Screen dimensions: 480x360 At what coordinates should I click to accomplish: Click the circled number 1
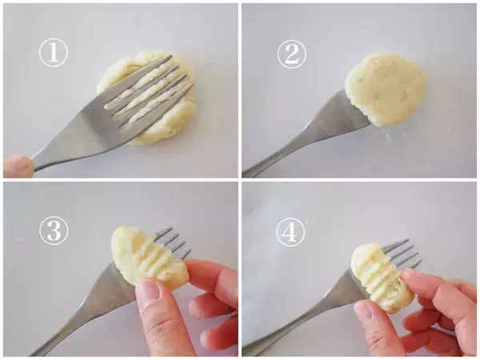[54, 52]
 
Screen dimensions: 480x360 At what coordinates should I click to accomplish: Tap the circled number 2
[291, 54]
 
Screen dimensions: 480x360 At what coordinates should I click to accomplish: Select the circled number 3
[54, 230]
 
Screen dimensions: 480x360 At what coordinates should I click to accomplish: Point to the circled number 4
[290, 232]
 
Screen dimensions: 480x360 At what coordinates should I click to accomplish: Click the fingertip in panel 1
[18, 166]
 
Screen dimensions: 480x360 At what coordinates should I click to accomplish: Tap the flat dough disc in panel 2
[385, 89]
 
